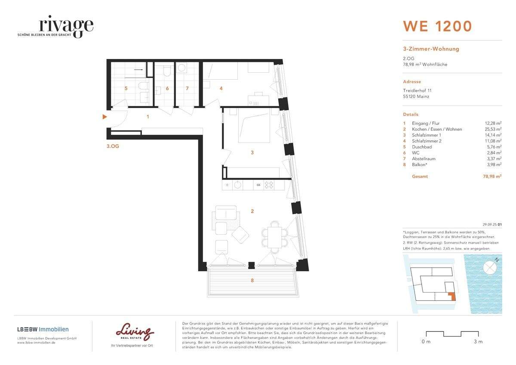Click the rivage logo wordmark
point(66,25)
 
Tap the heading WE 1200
point(437,26)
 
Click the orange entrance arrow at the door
point(104,117)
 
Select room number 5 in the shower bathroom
point(126,88)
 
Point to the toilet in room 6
point(166,71)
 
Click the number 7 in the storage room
point(187,88)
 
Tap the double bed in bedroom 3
point(254,125)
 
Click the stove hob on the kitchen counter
point(269,185)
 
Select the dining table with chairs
point(275,237)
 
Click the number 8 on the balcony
point(252,280)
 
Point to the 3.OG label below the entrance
point(113,146)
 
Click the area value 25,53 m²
point(493,129)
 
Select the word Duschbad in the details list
point(422,147)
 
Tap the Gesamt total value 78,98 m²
point(492,176)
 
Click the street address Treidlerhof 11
point(417,91)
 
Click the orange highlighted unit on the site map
point(452,296)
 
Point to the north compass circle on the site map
point(490,267)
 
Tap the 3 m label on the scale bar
point(478,342)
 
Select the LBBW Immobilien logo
point(43,329)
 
